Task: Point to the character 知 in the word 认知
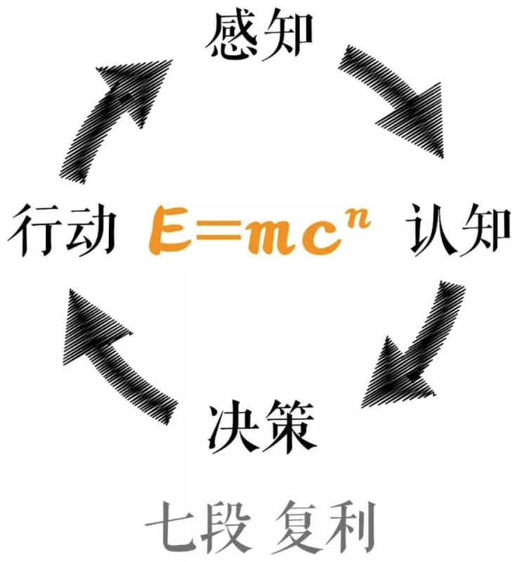(488, 230)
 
